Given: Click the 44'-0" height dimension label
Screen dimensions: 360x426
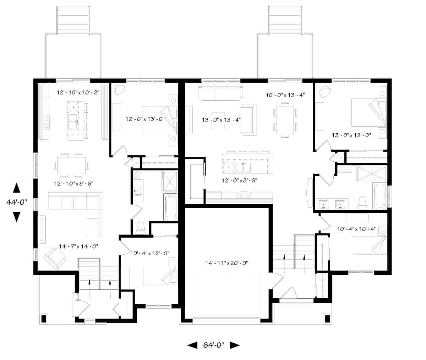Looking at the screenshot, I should (x=16, y=202).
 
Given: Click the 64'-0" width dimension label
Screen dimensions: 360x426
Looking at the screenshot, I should (x=213, y=345).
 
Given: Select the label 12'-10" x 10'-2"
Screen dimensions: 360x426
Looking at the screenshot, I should (x=77, y=93).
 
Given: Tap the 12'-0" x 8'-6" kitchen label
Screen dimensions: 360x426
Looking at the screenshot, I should (x=239, y=180).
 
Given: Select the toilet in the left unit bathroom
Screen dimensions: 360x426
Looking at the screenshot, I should (x=141, y=228).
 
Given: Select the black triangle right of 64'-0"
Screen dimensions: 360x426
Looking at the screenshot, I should (x=235, y=345).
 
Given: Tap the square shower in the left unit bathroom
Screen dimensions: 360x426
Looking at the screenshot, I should (x=170, y=181).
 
